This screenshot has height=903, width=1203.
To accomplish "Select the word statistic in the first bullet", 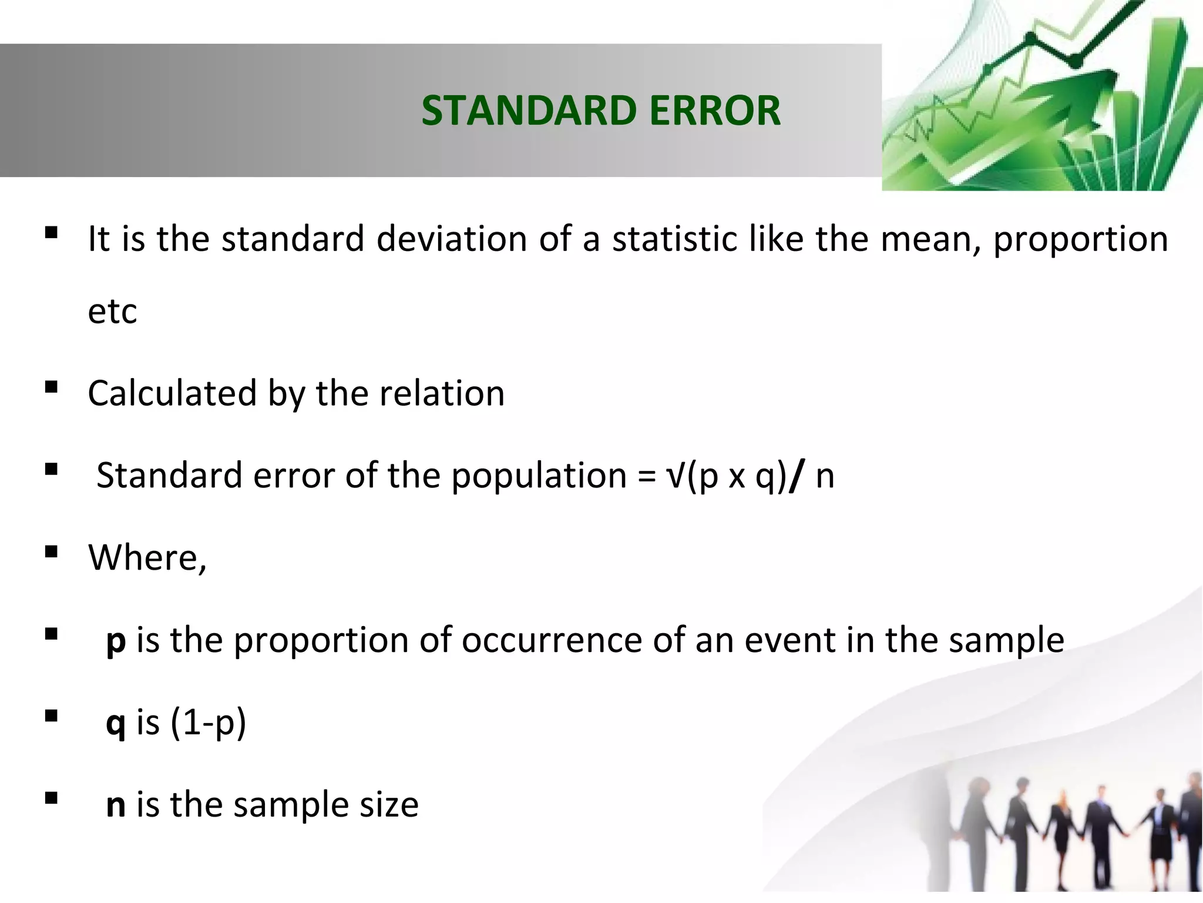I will click(x=676, y=239).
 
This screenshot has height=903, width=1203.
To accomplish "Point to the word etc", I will click(x=112, y=312).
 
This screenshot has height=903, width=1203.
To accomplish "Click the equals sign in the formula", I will click(x=646, y=476).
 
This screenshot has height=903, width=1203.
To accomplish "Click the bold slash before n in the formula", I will click(x=795, y=476).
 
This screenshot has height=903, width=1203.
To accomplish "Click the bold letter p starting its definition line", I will click(x=116, y=641).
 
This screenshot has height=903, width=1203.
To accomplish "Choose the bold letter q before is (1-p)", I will click(x=116, y=723).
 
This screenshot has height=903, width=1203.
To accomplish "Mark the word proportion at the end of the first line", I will click(x=1080, y=240).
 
